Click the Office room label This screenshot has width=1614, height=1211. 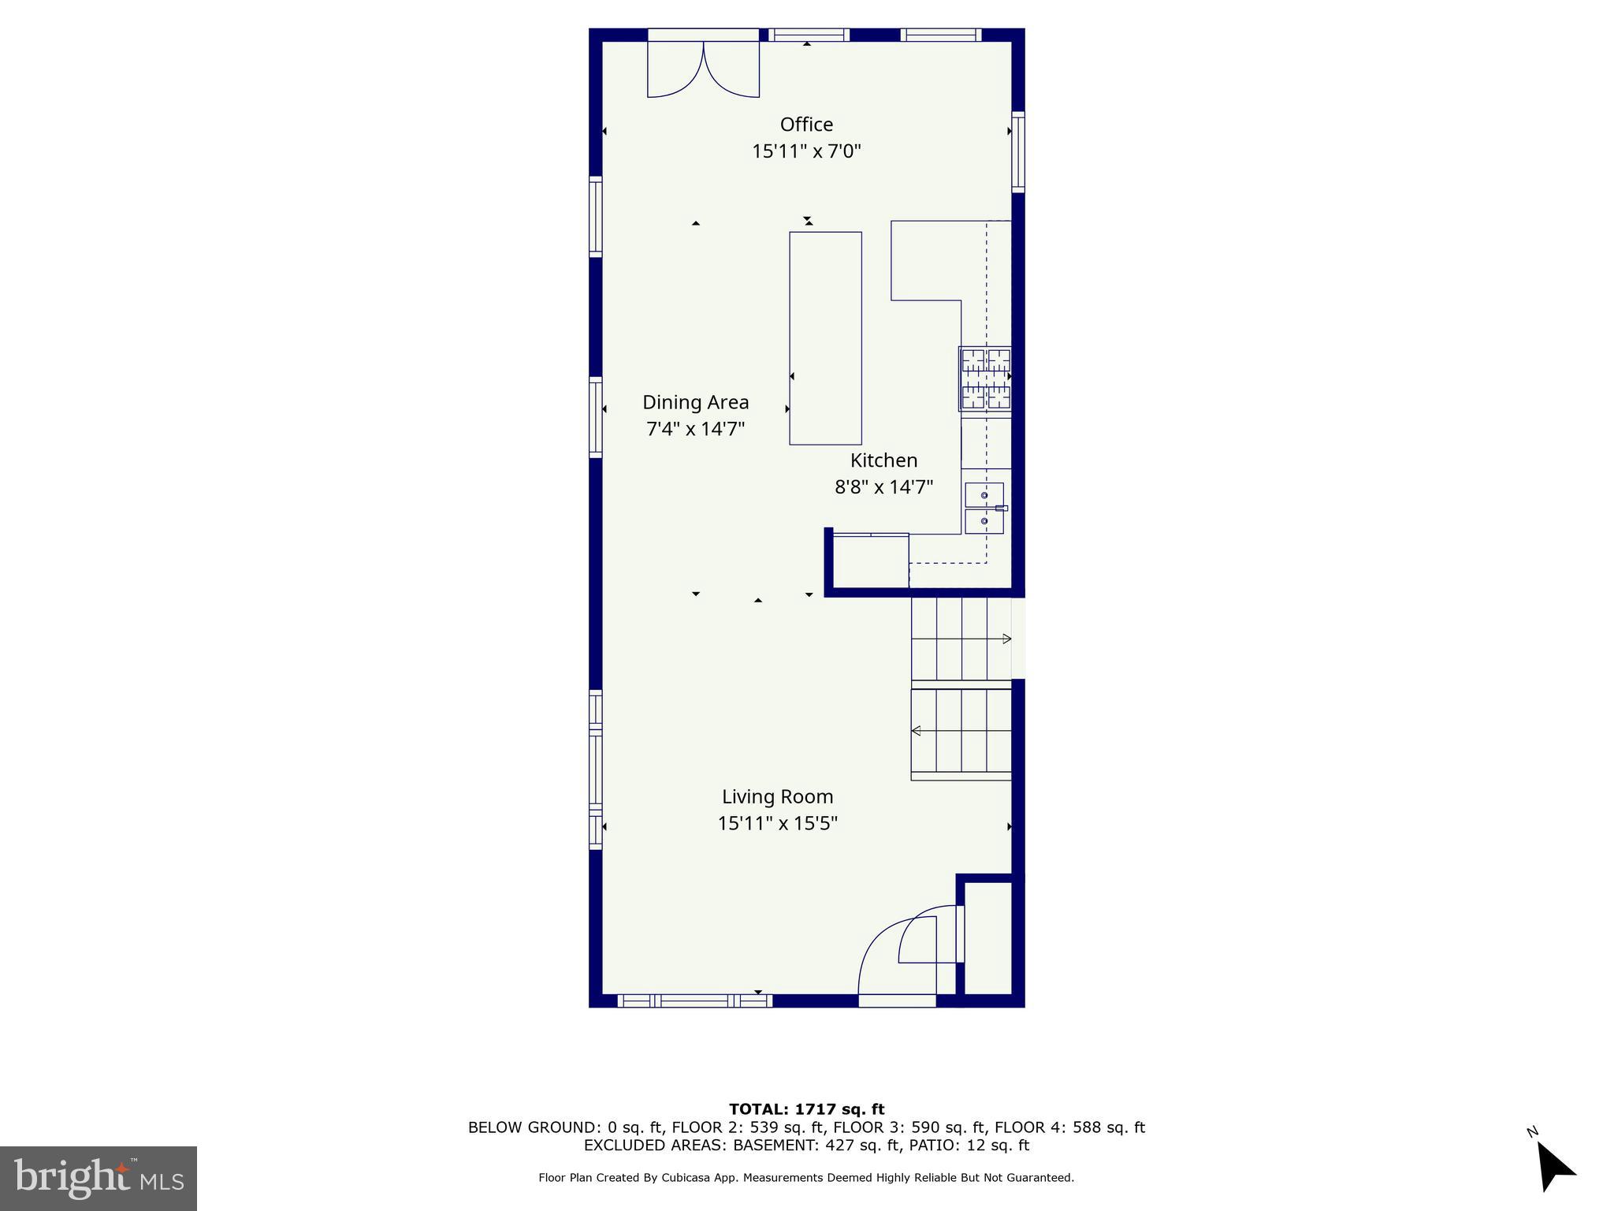tap(806, 125)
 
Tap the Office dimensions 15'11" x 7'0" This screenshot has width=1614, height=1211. tap(806, 151)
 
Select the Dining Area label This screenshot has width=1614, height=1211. tap(695, 402)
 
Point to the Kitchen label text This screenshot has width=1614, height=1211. tap(883, 460)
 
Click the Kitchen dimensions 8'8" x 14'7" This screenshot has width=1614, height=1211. tap(883, 487)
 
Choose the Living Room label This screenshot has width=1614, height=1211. tap(777, 796)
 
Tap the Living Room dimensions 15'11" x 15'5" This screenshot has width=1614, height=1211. tap(777, 823)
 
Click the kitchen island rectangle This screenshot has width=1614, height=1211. tap(825, 337)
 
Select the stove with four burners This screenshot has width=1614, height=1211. tap(985, 378)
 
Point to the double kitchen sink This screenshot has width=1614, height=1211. tap(984, 508)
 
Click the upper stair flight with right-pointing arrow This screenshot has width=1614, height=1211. tap(961, 639)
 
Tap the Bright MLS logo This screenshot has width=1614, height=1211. tap(99, 1178)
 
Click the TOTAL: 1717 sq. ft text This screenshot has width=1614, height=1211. tap(806, 1109)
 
